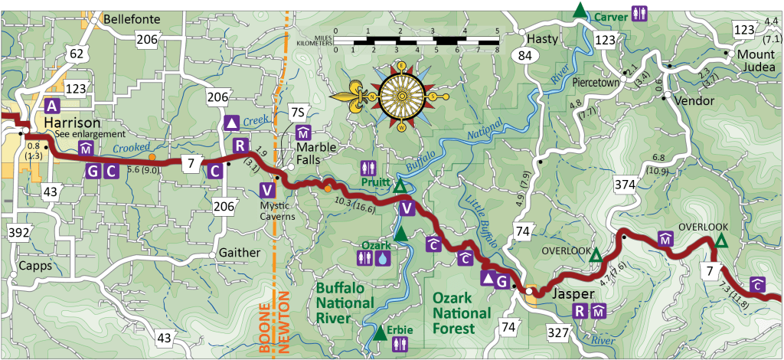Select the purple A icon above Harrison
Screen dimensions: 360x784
click(x=52, y=106)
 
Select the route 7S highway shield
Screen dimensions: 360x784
click(x=299, y=113)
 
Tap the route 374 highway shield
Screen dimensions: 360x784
click(x=626, y=183)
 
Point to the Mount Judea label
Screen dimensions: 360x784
click(x=756, y=61)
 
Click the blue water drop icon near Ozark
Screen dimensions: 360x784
click(x=383, y=260)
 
